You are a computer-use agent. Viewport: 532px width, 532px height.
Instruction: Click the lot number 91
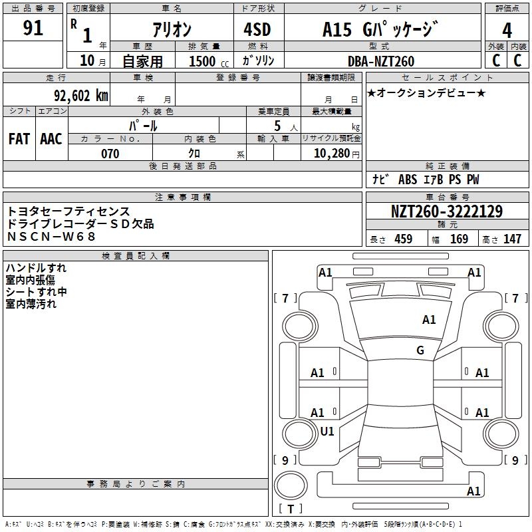pos(33,28)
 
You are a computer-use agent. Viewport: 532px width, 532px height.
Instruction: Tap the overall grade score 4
pos(507,30)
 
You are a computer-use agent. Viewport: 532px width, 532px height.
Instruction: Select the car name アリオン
pos(172,30)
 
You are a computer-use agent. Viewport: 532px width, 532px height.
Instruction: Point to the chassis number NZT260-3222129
pos(446,211)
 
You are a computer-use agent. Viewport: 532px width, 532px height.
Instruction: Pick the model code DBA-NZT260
pos(381,61)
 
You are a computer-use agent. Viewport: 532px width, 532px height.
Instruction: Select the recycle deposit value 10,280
pos(331,154)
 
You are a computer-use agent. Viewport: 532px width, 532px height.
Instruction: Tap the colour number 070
pos(110,154)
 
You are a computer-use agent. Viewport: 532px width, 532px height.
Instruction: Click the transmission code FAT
pos(19,138)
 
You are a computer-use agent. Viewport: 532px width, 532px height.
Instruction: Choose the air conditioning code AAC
pos(51,138)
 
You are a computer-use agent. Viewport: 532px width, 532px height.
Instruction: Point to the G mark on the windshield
pos(420,350)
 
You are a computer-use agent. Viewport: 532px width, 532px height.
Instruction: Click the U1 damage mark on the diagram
pos(327,431)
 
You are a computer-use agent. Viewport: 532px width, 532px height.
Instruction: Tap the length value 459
pos(404,239)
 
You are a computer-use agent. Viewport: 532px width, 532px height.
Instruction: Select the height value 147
pos(512,239)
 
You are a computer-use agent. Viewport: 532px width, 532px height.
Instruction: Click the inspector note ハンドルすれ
pos(36,268)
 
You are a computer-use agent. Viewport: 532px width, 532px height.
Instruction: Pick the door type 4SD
pos(258,30)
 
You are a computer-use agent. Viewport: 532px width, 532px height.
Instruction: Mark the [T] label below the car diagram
pos(291,509)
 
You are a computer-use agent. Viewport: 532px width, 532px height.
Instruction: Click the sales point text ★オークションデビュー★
pos(426,92)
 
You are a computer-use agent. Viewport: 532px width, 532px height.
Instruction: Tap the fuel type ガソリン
pos(258,61)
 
